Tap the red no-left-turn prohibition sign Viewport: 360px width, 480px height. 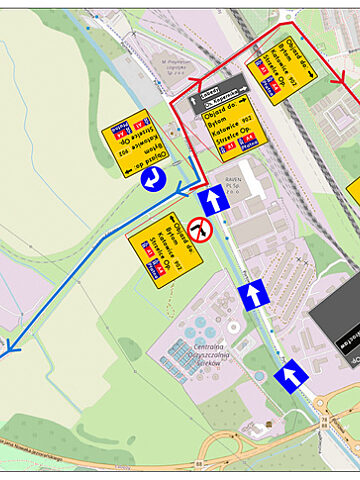[202, 229]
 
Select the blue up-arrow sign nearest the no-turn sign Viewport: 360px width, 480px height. [213, 201]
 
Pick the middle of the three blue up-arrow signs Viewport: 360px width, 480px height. [254, 295]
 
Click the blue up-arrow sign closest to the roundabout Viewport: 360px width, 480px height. [291, 375]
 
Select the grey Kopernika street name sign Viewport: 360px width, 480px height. [216, 88]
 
